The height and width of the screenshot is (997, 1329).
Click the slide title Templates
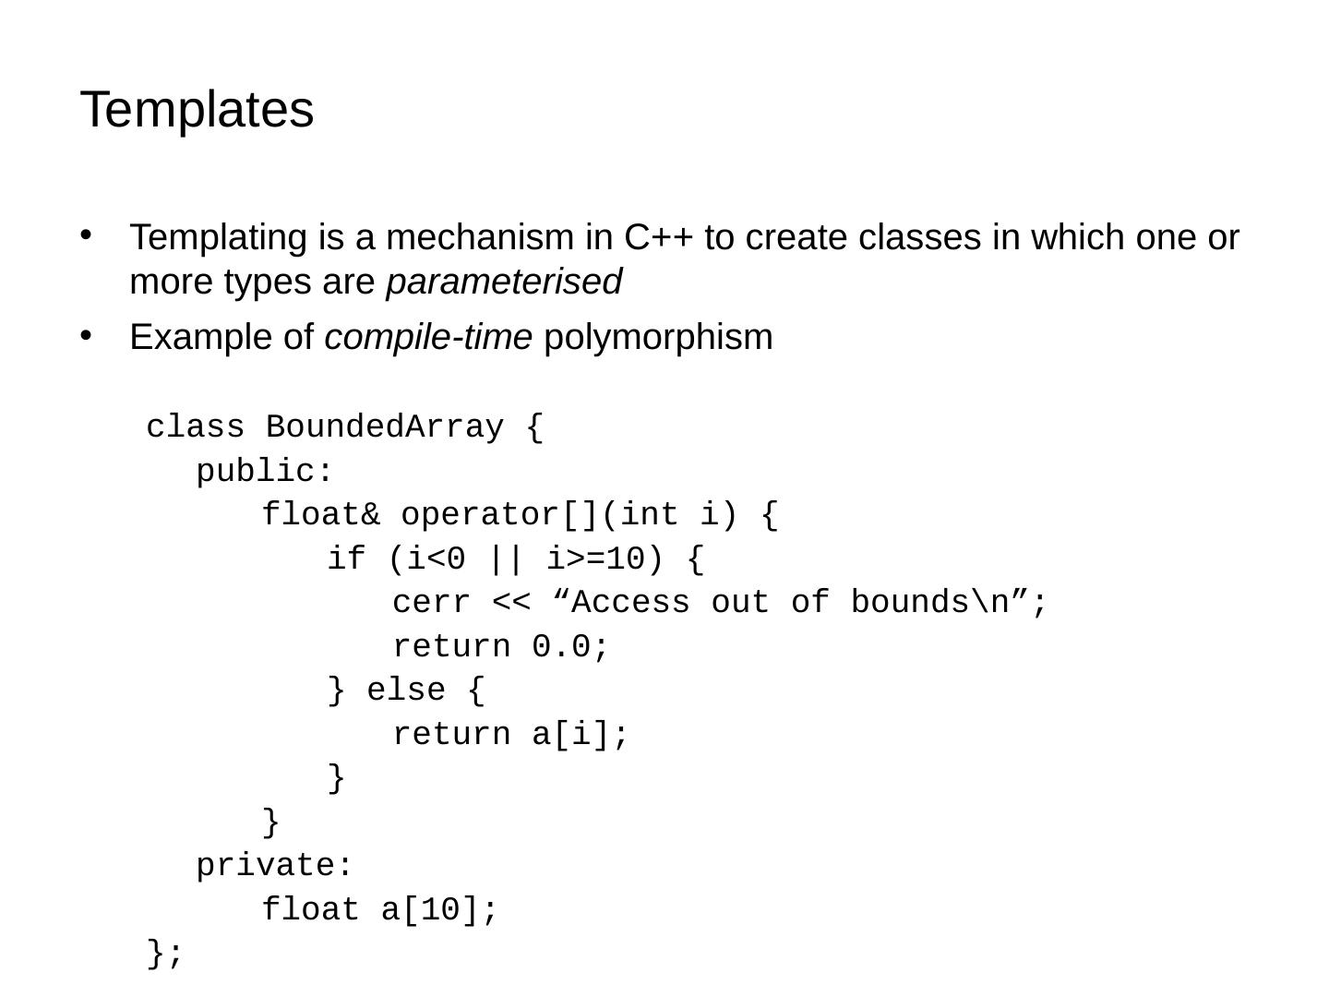click(x=198, y=110)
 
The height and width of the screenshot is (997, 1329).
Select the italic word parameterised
click(x=504, y=282)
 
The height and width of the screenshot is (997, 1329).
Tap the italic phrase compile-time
click(x=428, y=338)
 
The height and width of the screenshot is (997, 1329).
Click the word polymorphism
click(x=658, y=338)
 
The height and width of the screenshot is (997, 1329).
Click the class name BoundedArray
click(x=384, y=427)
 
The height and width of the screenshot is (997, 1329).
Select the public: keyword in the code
click(x=264, y=472)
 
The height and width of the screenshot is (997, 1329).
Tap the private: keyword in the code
click(x=274, y=866)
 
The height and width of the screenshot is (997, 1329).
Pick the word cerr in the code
click(x=431, y=603)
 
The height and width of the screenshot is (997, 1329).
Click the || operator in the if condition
click(x=508, y=559)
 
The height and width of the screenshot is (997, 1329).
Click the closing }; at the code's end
click(x=165, y=954)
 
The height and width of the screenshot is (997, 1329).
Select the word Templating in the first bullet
click(x=217, y=238)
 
